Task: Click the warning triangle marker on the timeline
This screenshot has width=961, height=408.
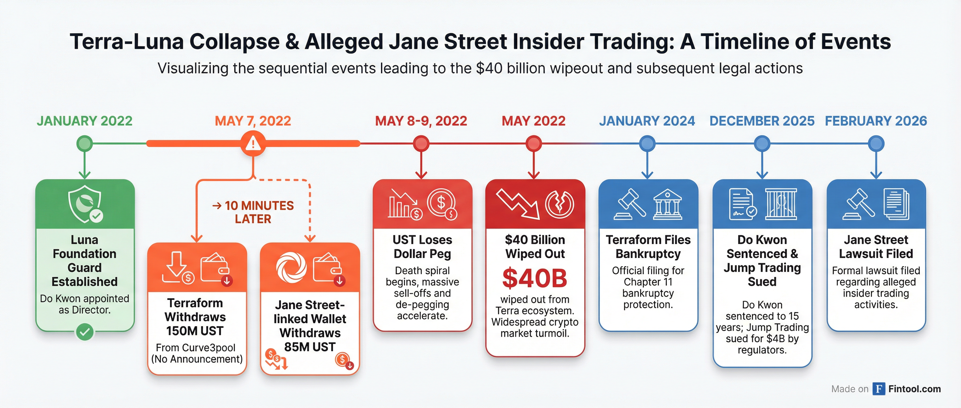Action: [253, 143]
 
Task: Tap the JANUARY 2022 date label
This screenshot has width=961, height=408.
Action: [84, 121]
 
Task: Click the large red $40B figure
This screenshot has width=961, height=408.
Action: [534, 278]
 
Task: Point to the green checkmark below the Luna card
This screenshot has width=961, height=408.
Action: [85, 332]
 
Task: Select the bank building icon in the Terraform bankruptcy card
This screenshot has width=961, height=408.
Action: [667, 204]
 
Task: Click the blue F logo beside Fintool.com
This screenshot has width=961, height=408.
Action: [878, 389]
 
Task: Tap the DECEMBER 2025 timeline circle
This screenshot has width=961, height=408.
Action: [762, 143]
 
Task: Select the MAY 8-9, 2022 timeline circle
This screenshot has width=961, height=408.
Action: [421, 143]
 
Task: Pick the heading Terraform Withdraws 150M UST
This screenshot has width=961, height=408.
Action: [195, 317]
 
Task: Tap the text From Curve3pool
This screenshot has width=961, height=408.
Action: [195, 348]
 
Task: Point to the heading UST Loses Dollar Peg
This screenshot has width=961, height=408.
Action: [422, 247]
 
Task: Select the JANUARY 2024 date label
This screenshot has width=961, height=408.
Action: [647, 121]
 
